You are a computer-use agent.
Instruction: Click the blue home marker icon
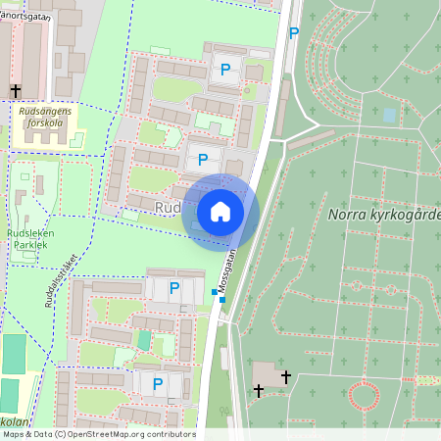pos(220,212)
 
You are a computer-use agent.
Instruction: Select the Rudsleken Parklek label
pos(30,239)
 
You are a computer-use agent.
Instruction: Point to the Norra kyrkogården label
pos(384,215)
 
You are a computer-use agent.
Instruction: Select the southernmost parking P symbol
pos(157,384)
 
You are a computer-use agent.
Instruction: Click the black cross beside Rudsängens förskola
pos(15,91)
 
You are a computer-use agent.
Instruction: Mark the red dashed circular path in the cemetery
pos(365,397)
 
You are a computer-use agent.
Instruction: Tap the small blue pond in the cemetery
pos(389,115)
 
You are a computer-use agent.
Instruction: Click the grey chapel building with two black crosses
pos(265,373)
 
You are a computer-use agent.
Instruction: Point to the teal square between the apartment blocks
pos(145,339)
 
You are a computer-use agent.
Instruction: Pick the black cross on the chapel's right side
pos(285,376)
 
